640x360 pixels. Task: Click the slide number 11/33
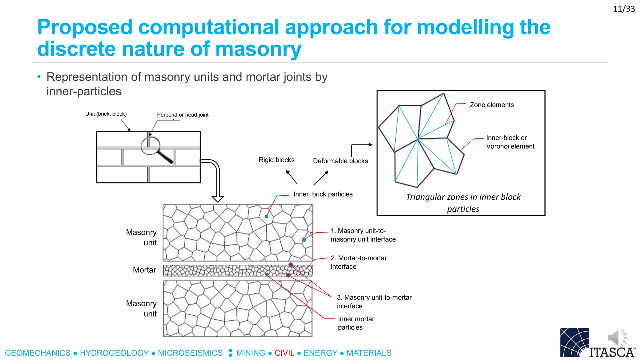coord(623,9)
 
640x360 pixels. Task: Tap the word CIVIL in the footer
coord(284,353)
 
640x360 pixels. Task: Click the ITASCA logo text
coord(612,352)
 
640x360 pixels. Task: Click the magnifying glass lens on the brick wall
coord(150,145)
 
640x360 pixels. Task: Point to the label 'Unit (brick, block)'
coord(106,114)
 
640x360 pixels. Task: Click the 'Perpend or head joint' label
coord(182,115)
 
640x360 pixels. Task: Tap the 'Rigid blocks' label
coord(277,160)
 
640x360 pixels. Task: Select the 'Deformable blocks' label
coord(340,161)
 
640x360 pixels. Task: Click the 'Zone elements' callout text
coord(492,105)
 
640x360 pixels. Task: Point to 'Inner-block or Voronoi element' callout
coord(510,142)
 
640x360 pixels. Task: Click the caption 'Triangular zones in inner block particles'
coord(463,203)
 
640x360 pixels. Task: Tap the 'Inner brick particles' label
coord(323,194)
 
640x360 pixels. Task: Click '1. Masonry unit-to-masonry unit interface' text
coord(363,235)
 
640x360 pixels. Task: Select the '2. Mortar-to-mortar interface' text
coord(358,262)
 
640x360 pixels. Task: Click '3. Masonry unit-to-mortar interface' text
coord(374,302)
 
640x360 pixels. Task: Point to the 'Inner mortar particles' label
coord(356,323)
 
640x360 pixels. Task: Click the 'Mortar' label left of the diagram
coord(144,270)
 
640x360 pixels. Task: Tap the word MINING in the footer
coord(251,353)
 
